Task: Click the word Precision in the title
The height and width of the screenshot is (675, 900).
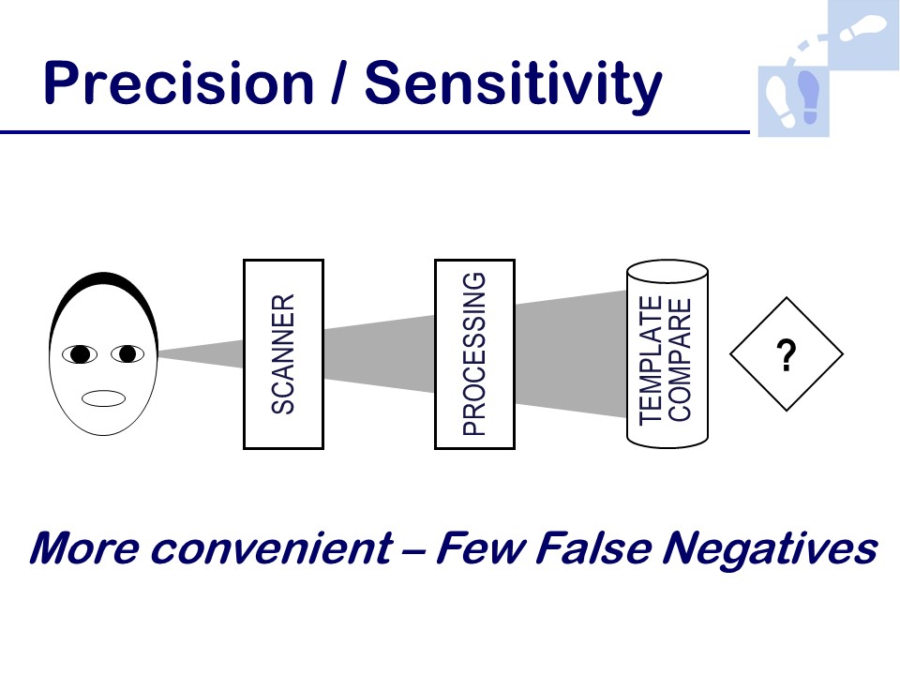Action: [x=178, y=83]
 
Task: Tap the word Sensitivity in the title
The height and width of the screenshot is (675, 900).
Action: [x=513, y=85]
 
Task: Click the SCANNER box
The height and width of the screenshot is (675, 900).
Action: [x=283, y=354]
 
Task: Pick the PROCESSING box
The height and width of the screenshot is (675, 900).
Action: [x=474, y=354]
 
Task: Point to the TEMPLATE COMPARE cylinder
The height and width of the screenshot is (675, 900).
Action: [x=667, y=354]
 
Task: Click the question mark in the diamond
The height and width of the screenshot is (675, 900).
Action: [x=787, y=355]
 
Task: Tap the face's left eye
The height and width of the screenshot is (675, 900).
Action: [x=79, y=354]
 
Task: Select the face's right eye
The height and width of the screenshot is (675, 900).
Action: [x=127, y=353]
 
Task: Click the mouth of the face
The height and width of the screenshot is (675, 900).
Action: [x=103, y=398]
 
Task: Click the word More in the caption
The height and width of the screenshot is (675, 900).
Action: [x=84, y=548]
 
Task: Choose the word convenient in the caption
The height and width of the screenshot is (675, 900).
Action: [x=272, y=548]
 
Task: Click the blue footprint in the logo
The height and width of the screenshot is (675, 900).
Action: [x=810, y=97]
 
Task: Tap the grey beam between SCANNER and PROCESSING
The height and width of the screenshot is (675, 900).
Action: [x=380, y=354]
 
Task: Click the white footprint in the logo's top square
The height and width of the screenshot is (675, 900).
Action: [x=863, y=27]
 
